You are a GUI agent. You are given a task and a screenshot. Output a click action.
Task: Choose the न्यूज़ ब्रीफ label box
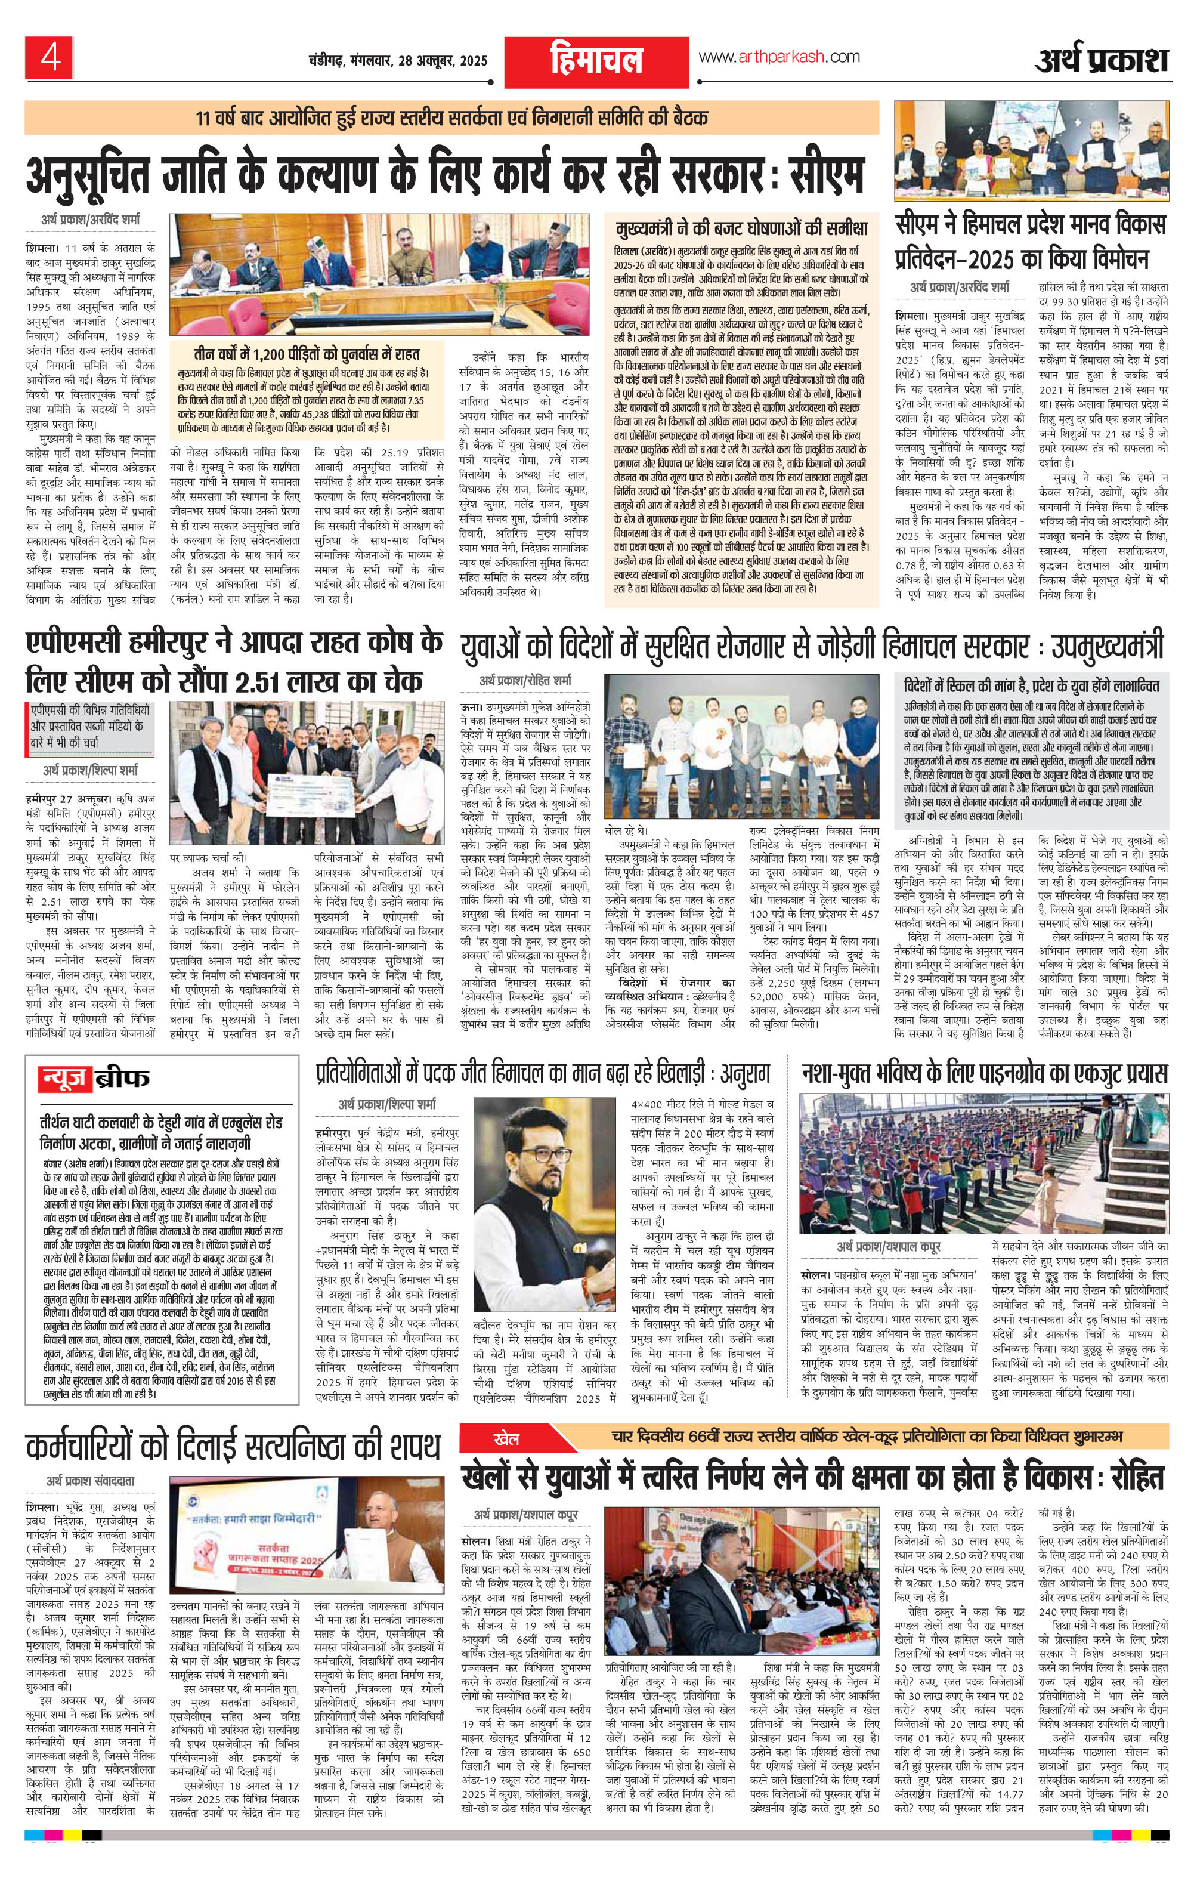tap(92, 1079)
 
